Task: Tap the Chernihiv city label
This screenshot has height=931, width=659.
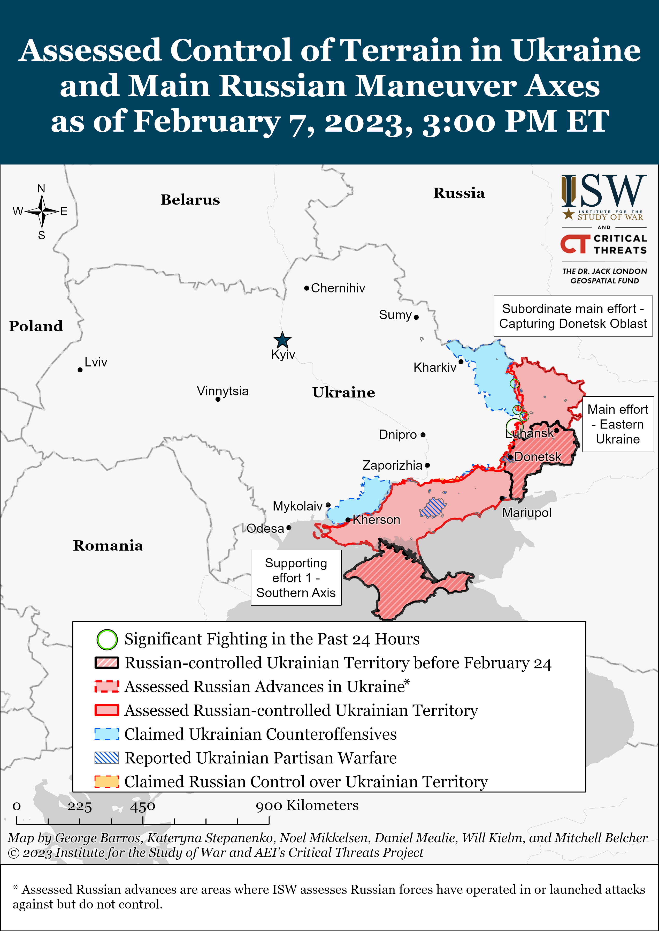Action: tap(338, 288)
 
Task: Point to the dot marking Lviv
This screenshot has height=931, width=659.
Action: tap(80, 370)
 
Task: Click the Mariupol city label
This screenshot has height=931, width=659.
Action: tap(526, 513)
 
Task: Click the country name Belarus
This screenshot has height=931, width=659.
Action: tap(190, 200)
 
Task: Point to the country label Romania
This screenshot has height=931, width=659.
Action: tap(108, 546)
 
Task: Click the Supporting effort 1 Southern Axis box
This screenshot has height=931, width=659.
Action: tap(296, 578)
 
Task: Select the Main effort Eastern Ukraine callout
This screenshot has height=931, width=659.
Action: tap(618, 424)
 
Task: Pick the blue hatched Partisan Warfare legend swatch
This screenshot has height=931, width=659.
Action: tap(107, 758)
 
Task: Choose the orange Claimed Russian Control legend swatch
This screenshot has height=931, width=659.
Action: tap(107, 782)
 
